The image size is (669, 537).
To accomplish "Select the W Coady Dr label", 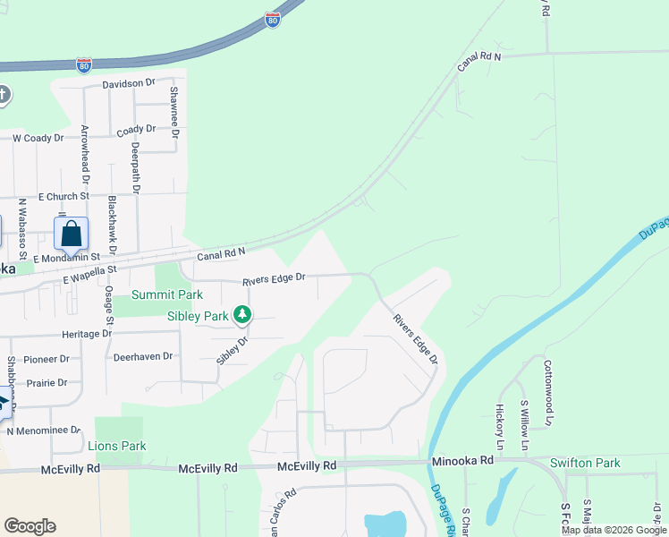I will tap(38, 138).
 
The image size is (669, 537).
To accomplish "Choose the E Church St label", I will tap(64, 196).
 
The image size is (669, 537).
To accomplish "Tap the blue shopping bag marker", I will tap(72, 234).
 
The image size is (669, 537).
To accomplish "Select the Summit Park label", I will tap(167, 294).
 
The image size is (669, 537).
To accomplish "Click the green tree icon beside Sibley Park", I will tap(241, 315).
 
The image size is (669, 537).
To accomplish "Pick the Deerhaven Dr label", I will tap(143, 356).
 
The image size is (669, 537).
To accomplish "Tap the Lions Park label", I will tap(117, 446).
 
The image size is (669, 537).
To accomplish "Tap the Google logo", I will tap(30, 526).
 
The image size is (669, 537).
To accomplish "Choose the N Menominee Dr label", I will tap(45, 430).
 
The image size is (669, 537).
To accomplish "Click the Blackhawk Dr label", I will tap(112, 224).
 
